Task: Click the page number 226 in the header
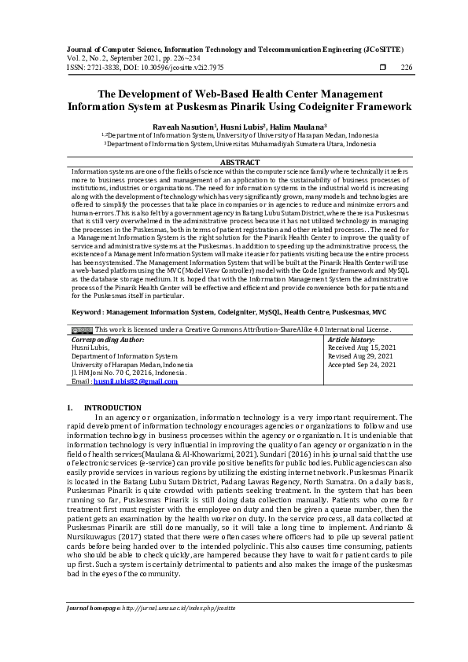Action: [407, 68]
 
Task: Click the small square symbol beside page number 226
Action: [383, 68]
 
